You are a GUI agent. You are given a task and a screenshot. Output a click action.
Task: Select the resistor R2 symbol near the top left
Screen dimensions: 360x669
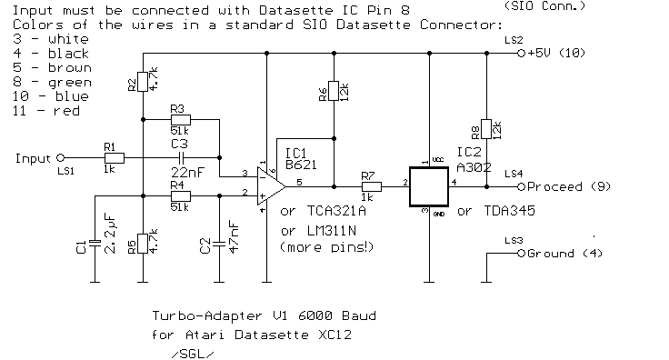point(143,85)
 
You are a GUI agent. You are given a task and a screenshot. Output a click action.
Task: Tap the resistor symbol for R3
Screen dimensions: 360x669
point(180,119)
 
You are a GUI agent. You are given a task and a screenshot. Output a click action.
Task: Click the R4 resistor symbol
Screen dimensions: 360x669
point(180,195)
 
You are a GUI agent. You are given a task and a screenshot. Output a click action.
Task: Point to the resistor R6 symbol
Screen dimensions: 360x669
point(334,92)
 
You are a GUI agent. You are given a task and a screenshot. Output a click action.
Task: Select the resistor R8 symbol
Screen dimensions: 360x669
point(486,129)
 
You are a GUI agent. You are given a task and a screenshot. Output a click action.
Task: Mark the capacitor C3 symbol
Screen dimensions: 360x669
point(180,156)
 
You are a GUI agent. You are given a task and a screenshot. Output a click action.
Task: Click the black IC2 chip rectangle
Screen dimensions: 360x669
point(431,186)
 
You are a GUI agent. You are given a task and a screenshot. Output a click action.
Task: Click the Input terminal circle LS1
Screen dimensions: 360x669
point(61,156)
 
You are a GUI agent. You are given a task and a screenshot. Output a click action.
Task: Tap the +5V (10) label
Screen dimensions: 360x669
point(558,54)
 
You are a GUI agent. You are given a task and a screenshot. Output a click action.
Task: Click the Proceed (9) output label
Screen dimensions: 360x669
point(564,186)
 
